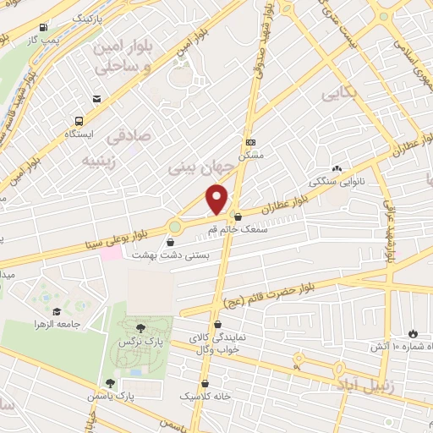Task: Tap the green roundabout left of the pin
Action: [x=175, y=227]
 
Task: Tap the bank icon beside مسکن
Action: [x=249, y=142]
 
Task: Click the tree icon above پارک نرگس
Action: [x=140, y=327]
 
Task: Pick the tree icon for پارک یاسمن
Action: [x=109, y=383]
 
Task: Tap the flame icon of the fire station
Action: [x=413, y=333]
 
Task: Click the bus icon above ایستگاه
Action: [x=79, y=121]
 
